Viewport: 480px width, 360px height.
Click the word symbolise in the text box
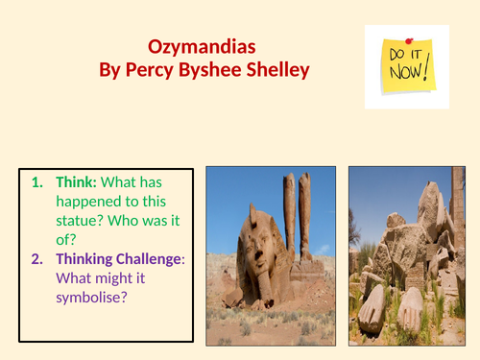[93, 299]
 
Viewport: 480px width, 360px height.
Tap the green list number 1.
[37, 181]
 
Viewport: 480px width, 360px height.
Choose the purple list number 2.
[37, 258]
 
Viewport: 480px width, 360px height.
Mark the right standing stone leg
[304, 216]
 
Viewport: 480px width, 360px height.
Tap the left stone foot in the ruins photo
[373, 306]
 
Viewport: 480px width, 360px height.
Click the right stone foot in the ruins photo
[410, 307]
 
